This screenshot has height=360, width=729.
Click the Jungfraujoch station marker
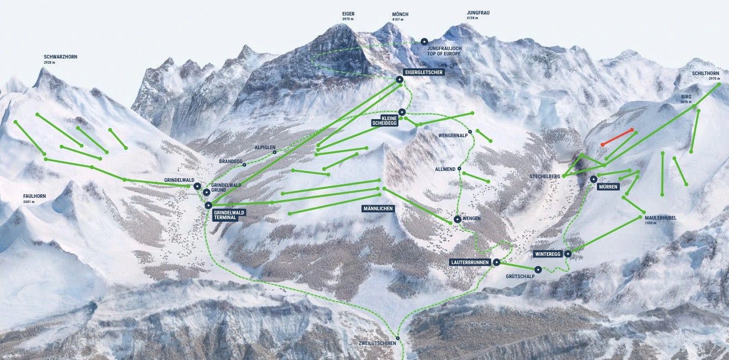[424, 41]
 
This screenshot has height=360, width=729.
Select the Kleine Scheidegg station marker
[402, 112]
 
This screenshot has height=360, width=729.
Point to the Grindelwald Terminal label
[228, 215]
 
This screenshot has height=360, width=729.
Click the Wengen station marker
[458, 219]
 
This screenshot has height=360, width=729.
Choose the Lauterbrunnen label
[470, 263]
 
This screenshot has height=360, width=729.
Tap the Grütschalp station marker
[538, 269]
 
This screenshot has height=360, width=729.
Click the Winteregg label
[547, 254]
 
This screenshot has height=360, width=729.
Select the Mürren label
[608, 187]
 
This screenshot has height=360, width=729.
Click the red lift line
[617, 137]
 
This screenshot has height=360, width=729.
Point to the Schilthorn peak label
[706, 74]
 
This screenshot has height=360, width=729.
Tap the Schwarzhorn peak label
[61, 57]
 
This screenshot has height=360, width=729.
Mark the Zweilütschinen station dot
[398, 338]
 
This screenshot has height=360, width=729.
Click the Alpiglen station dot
[275, 152]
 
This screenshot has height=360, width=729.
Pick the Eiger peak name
[348, 13]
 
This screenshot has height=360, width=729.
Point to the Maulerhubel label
[661, 218]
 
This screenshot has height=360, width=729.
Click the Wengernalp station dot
[470, 132]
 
